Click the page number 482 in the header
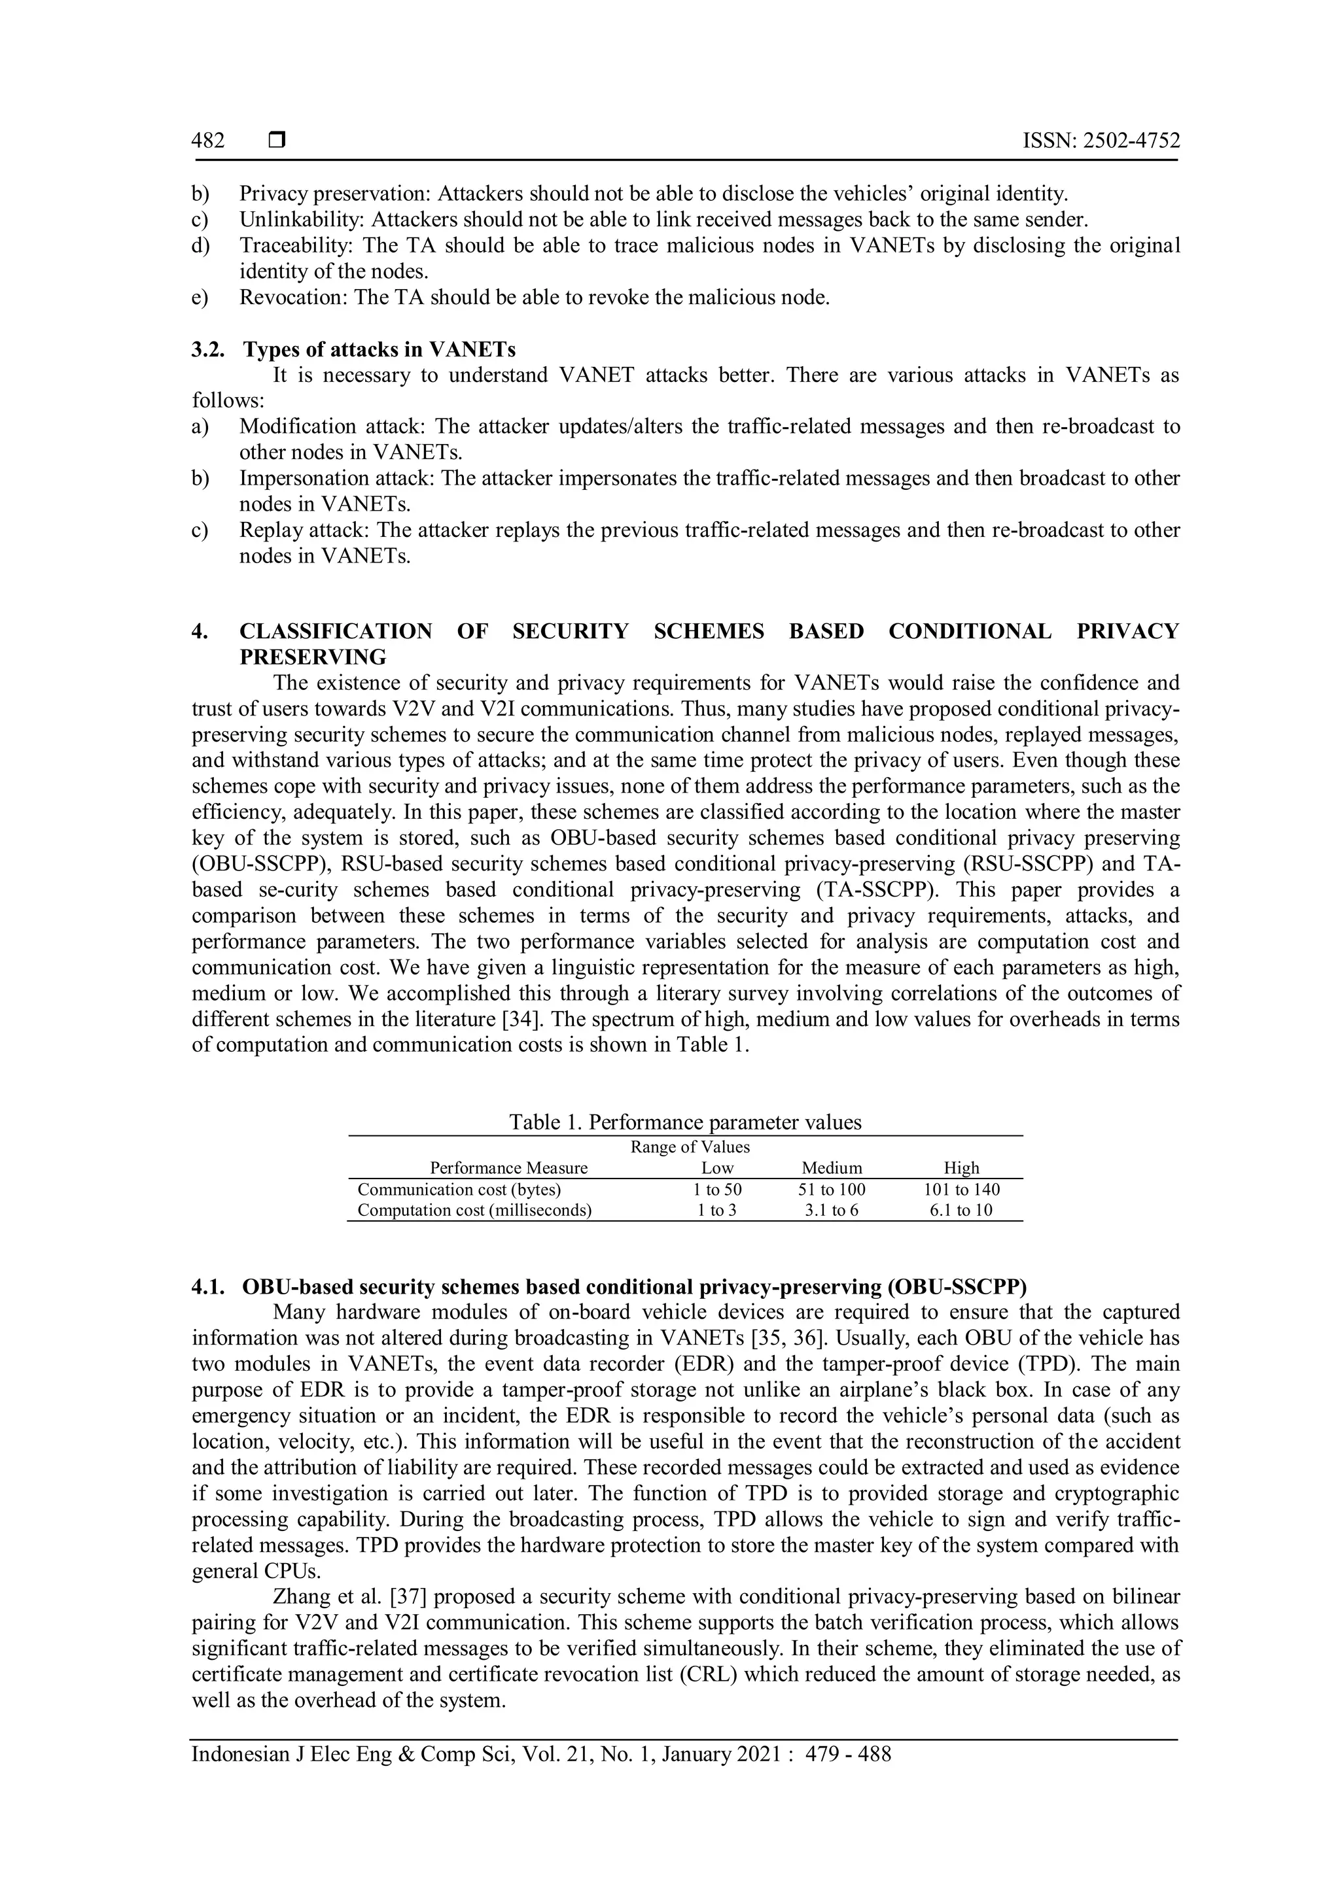click(208, 141)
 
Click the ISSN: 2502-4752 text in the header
click(1101, 141)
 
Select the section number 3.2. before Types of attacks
click(212, 349)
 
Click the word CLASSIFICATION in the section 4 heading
click(335, 632)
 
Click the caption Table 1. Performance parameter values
click(685, 1122)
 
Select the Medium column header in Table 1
click(832, 1168)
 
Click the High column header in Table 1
click(961, 1168)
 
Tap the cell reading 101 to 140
click(961, 1190)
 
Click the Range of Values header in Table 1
click(690, 1148)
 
